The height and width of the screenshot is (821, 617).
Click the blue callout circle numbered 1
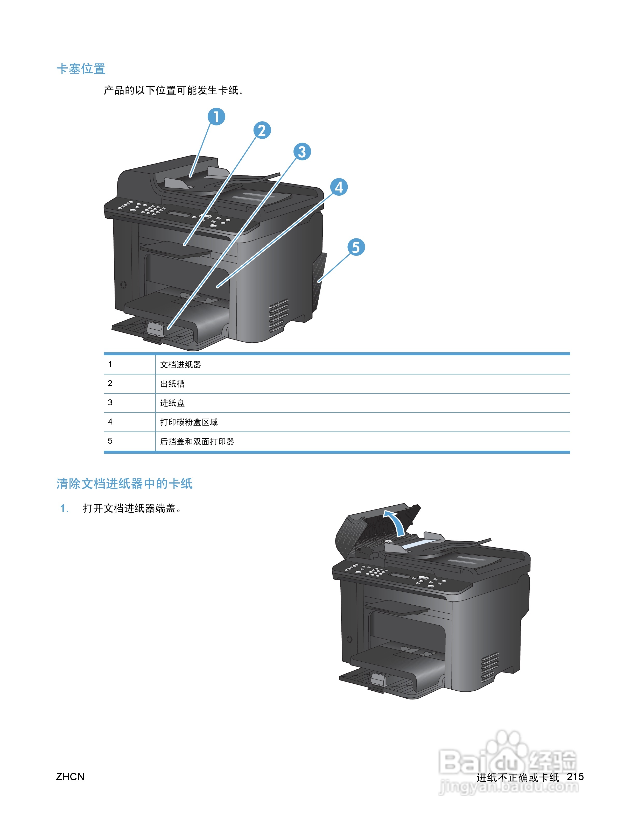coord(216,117)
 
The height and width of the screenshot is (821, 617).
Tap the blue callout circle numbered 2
coord(262,131)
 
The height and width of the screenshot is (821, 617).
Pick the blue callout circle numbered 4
coord(339,187)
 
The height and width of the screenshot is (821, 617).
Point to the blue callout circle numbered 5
coord(356,247)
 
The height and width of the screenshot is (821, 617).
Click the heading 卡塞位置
coord(81,69)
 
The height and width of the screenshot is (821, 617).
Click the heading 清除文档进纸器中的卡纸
coord(124,484)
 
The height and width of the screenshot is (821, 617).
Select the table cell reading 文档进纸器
coord(180,365)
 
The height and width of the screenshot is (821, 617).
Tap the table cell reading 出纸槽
coord(172,384)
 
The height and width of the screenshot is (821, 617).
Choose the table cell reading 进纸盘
coord(172,403)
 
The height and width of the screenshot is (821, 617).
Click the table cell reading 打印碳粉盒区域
coord(188,422)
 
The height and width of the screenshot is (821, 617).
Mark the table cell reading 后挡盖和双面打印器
coord(197,442)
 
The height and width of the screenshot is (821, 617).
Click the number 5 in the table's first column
coord(110,441)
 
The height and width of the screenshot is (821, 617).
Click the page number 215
coord(575,777)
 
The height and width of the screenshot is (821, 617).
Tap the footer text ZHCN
coord(70,777)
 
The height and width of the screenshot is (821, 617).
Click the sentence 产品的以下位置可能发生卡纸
coord(173,90)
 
